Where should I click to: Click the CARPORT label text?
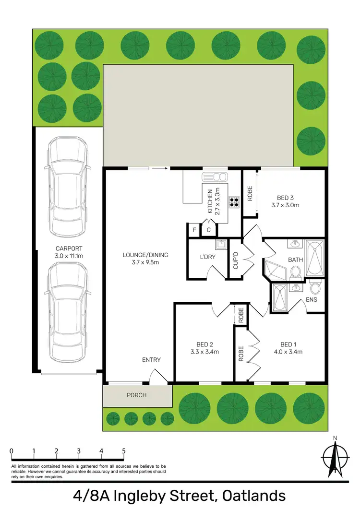[69, 249]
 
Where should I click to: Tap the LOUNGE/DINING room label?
[144, 255]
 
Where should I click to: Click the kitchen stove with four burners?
[234, 202]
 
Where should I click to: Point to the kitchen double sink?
[211, 176]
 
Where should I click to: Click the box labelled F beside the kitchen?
[194, 230]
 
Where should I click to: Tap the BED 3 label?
[285, 197]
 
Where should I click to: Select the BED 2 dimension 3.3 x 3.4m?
[204, 352]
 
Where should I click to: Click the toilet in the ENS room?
[315, 288]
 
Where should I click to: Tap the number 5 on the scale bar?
[124, 451]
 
